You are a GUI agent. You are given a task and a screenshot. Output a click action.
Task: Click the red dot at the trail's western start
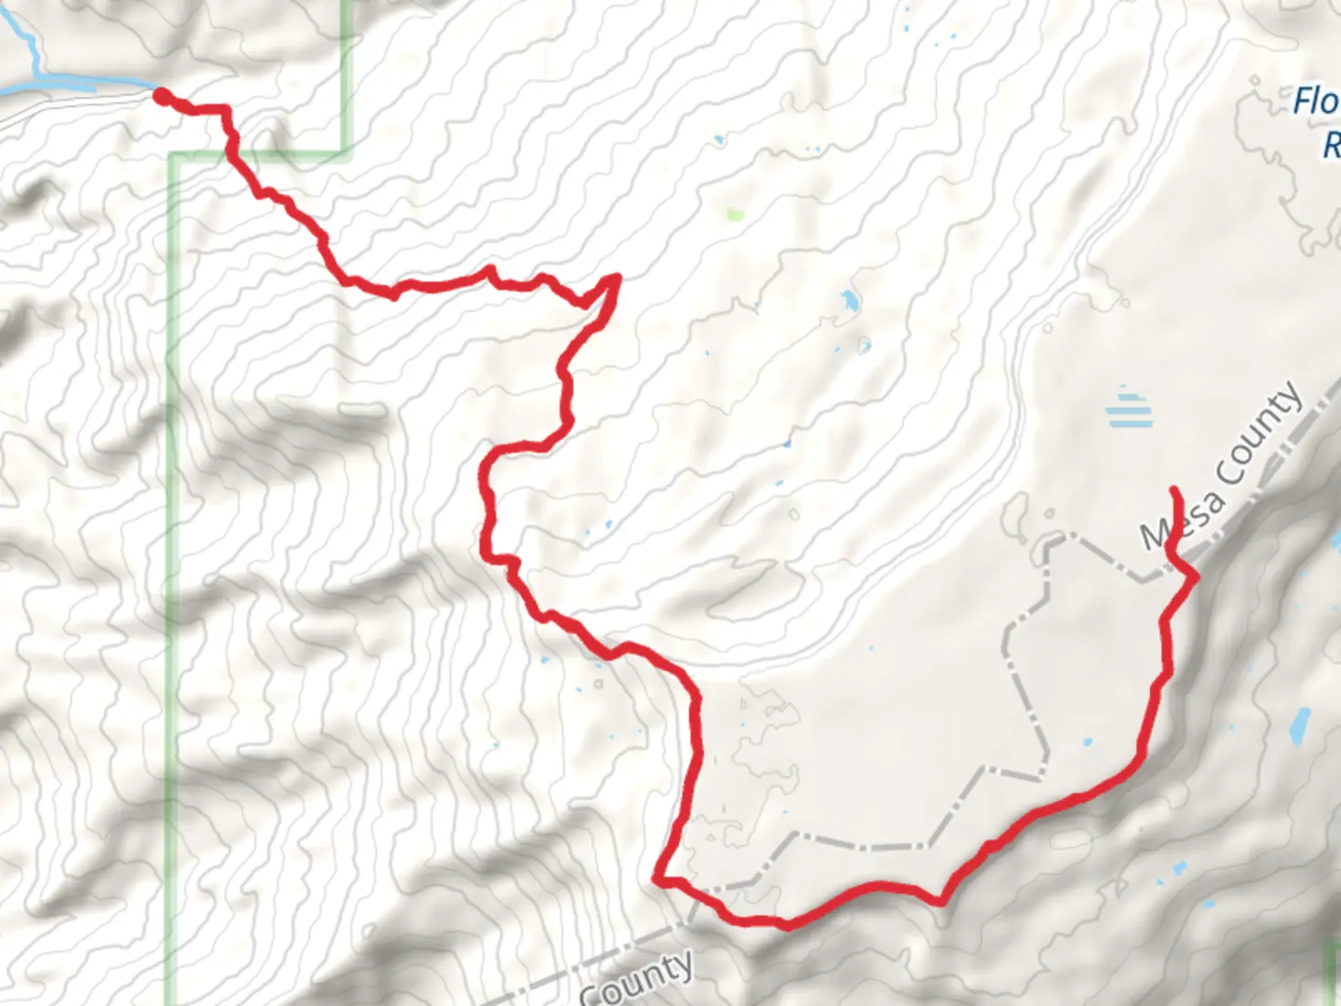click(161, 96)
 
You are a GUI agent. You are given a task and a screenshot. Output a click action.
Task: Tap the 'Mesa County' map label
click(1222, 466)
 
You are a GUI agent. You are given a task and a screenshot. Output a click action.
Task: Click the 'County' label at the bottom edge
click(637, 978)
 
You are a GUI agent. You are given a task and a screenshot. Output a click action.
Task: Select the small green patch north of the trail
click(735, 215)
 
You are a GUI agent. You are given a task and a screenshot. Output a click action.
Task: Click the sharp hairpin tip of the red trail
click(616, 277)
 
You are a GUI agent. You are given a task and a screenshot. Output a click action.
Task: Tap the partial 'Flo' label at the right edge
click(1315, 102)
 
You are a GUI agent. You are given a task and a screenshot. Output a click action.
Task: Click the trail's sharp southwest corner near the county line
click(658, 877)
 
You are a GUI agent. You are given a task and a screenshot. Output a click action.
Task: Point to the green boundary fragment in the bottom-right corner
click(1332, 969)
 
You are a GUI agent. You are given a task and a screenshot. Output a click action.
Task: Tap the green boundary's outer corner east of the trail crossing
click(346, 152)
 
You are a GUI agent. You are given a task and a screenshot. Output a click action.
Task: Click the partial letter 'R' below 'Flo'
click(1332, 145)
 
